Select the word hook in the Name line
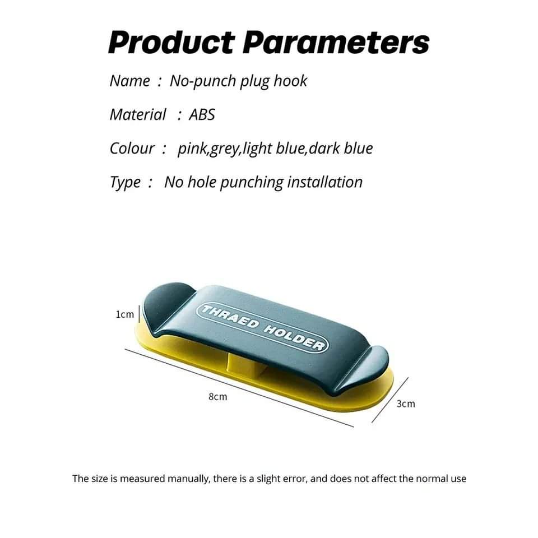(290, 81)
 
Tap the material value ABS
(202, 114)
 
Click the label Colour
(132, 148)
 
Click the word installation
(324, 182)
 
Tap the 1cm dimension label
(124, 314)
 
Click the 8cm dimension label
(218, 397)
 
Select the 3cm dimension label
(406, 404)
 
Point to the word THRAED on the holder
(230, 316)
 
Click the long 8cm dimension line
(239, 388)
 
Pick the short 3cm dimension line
(390, 400)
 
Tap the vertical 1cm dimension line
(139, 314)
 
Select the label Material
(138, 114)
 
